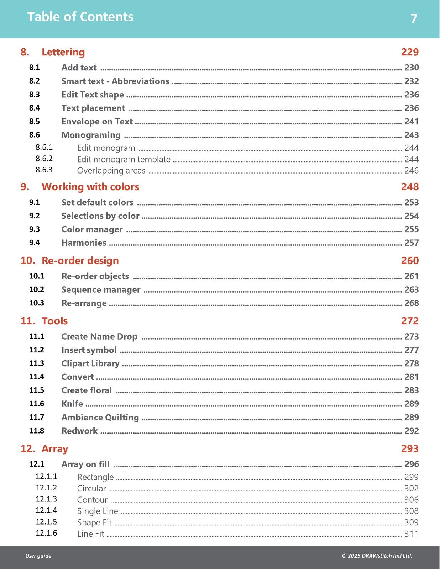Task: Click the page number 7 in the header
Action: pos(413,18)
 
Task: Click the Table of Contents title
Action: pos(80,17)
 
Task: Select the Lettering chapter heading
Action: pos(63,52)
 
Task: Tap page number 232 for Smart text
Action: pos(411,81)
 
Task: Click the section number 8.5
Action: pos(35,122)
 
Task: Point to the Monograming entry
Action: pos(91,135)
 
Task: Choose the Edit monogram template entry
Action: pos(124,159)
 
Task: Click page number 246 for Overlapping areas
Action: pos(411,171)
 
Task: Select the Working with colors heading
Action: pos(90,187)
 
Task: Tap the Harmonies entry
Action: pos(84,243)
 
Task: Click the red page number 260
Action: pos(409,261)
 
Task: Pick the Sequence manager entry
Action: pos(101,290)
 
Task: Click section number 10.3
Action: pos(37,303)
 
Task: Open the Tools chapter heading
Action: pos(54,321)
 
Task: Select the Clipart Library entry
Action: pos(90,363)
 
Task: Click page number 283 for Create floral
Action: pos(411,390)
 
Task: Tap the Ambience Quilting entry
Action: pos(100,418)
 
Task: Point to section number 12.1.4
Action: pos(46,511)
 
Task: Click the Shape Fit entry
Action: pos(94,522)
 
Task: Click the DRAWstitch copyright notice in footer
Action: pos(377,556)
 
